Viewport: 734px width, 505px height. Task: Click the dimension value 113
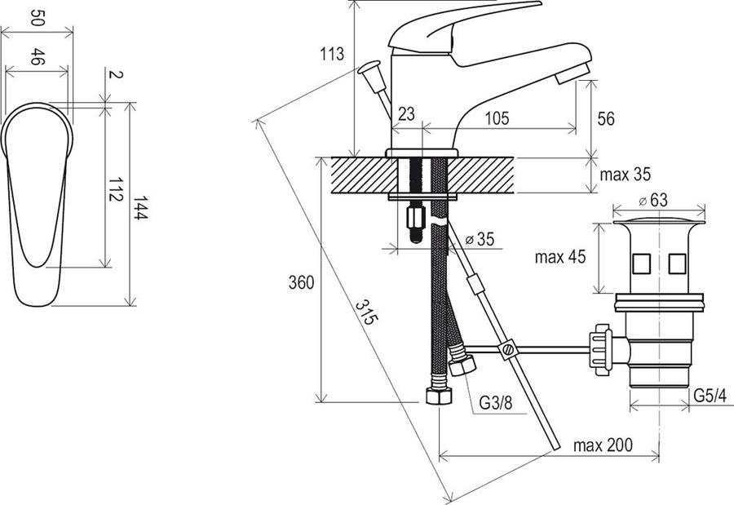[332, 54]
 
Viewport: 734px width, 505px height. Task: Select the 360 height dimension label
[301, 282]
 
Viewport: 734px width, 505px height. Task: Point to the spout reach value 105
[496, 118]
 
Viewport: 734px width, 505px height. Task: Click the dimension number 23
[406, 113]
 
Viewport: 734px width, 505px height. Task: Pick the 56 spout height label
[606, 118]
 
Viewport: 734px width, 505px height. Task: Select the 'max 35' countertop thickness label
[625, 175]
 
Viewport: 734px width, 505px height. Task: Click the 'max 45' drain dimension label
[559, 257]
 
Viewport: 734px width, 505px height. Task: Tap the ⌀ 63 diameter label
[653, 200]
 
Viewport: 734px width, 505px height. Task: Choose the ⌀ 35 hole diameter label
[480, 239]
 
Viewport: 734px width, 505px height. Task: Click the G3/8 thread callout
[496, 402]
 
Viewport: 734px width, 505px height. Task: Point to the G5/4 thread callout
[710, 396]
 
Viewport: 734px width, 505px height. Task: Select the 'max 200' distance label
[603, 445]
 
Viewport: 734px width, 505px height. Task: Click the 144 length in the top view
[140, 207]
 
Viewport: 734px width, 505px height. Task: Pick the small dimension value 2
[115, 74]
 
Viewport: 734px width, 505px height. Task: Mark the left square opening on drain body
[640, 264]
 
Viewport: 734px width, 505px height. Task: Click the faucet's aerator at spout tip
[572, 73]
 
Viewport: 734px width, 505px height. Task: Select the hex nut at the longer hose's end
[439, 396]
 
